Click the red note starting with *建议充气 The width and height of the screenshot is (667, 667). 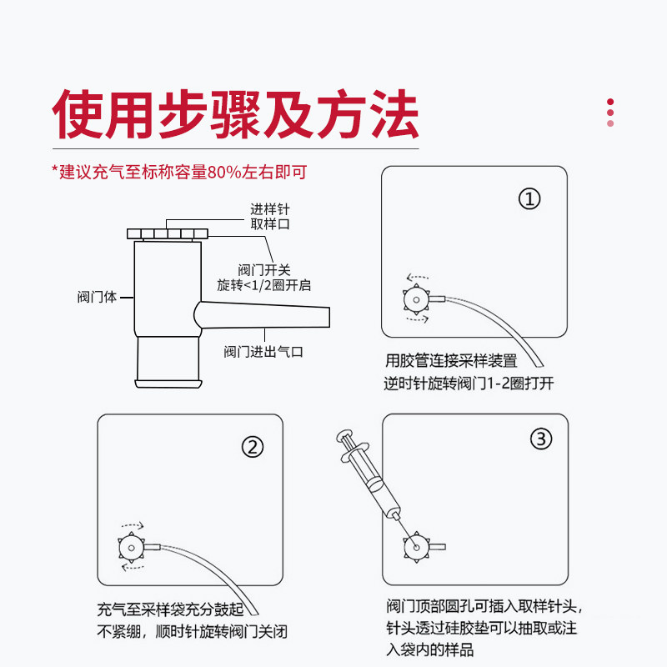tap(179, 173)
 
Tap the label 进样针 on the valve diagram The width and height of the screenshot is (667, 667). tap(270, 208)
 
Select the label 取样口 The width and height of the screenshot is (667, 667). tap(270, 224)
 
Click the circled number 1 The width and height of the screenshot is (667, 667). tap(530, 199)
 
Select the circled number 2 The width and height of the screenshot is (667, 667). tap(253, 446)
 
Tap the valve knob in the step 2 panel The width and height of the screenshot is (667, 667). tap(130, 546)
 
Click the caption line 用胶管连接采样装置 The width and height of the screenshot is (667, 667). tap(451, 361)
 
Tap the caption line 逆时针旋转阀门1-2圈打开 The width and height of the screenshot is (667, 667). tap(469, 384)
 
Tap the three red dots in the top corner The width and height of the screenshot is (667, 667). tap(610, 113)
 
